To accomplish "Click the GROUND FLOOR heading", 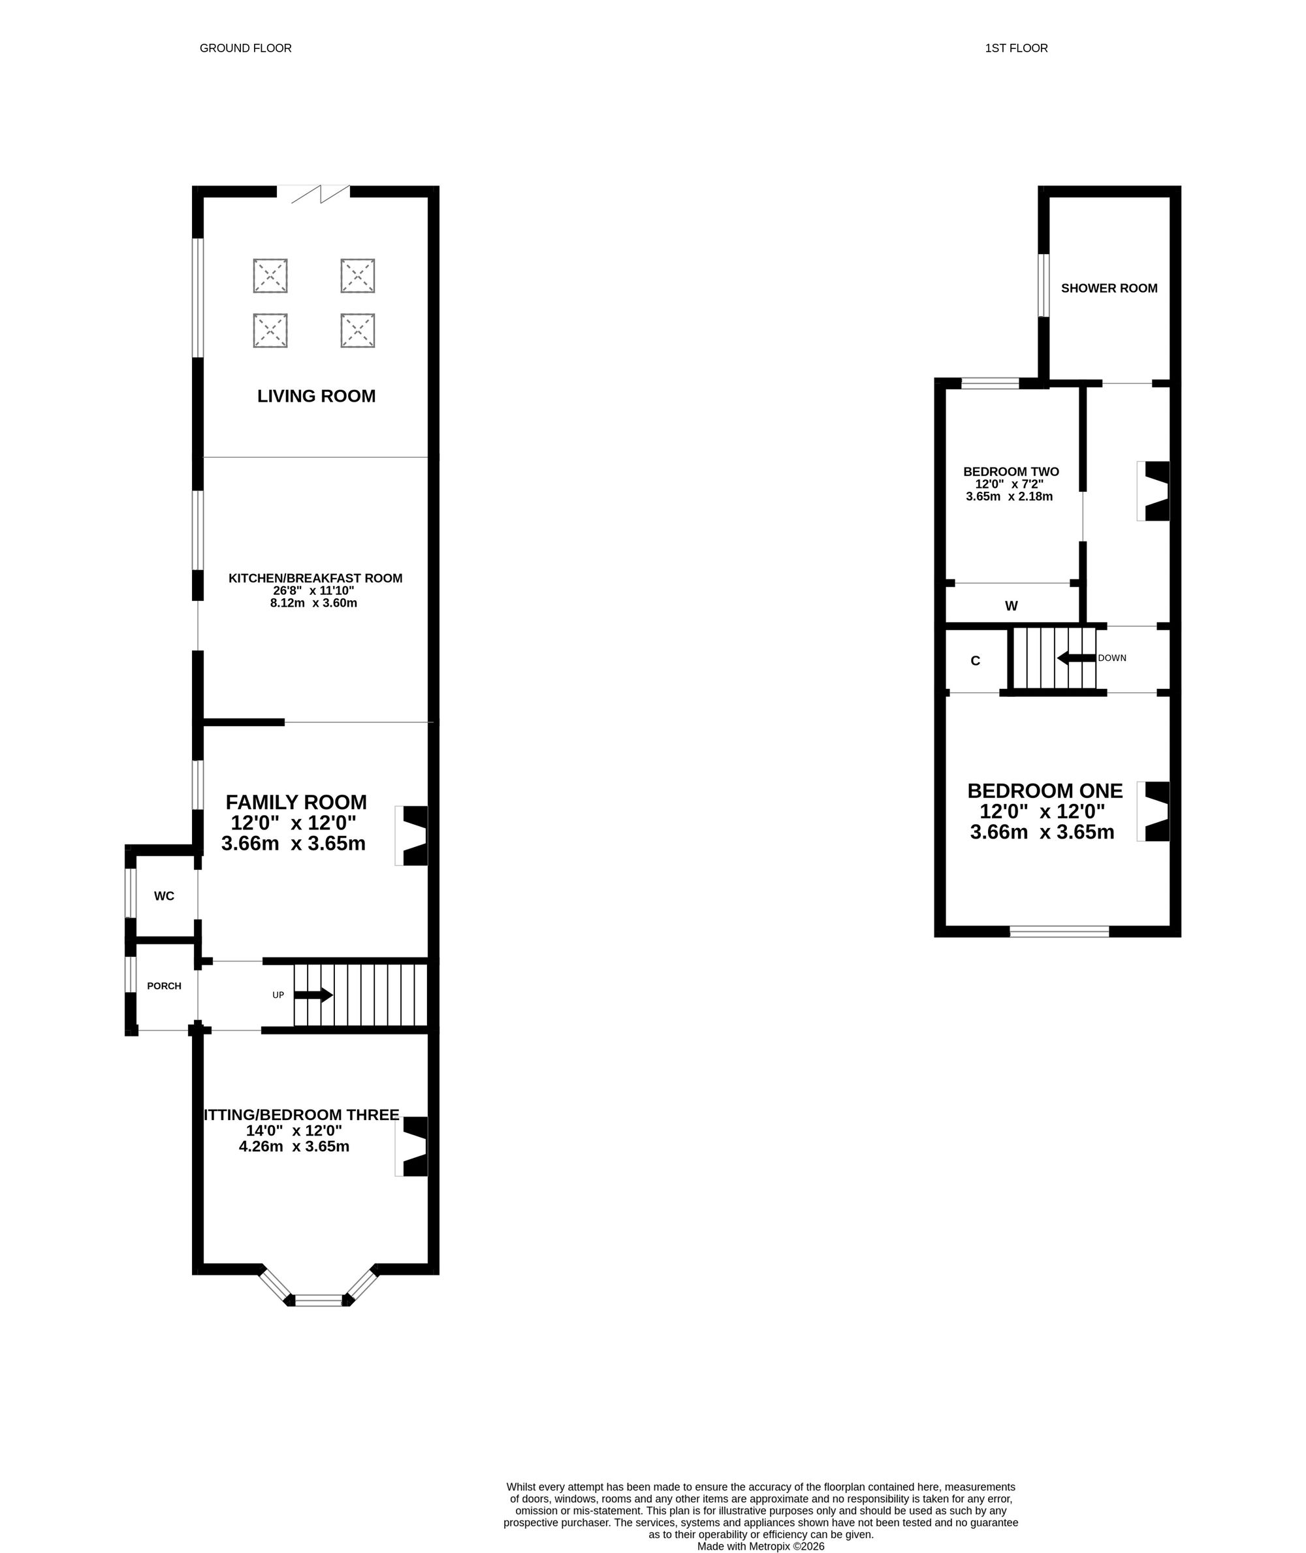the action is (246, 48).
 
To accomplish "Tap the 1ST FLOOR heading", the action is (1016, 48).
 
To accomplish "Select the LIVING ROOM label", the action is (316, 396).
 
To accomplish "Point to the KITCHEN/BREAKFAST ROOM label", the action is (315, 579).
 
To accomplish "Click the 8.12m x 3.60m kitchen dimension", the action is (314, 603).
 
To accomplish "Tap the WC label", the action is (165, 896).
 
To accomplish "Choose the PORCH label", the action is (165, 985).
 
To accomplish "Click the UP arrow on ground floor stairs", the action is (314, 995).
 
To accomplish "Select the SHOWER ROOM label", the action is (1109, 288).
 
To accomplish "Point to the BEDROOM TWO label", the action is (1011, 472).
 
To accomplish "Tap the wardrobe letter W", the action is (1011, 606).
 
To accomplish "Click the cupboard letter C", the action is (975, 661).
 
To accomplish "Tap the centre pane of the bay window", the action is (319, 1300).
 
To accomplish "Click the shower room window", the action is (1043, 285).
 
